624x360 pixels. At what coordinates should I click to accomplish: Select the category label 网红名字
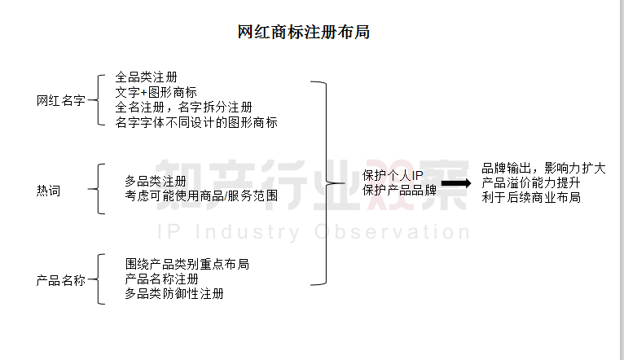coord(61,101)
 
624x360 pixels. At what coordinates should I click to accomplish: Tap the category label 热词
coord(48,191)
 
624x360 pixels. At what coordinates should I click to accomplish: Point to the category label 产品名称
coord(61,280)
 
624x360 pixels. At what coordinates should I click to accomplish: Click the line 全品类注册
coord(146,78)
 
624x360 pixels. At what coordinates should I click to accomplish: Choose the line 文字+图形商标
coord(156,93)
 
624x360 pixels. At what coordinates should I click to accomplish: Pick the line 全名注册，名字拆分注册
coord(183,108)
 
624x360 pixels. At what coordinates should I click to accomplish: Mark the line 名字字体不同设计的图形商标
coord(196,123)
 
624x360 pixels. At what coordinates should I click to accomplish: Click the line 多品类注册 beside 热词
coord(156,181)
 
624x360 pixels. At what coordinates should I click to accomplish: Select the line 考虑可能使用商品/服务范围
coord(201,196)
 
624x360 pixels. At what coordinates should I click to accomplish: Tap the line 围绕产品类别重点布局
coord(187,265)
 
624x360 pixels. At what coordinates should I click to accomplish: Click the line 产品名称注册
coord(162,279)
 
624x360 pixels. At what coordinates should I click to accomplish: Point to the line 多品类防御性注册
coord(175,293)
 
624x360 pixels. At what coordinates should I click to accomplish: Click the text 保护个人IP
coord(393,176)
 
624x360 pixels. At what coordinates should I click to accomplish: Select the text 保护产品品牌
coord(399,191)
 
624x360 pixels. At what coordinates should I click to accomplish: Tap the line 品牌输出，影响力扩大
coord(543,168)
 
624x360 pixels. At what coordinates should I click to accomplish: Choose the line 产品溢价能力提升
coord(530,182)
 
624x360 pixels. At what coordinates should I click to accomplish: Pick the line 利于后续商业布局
coord(530,197)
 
